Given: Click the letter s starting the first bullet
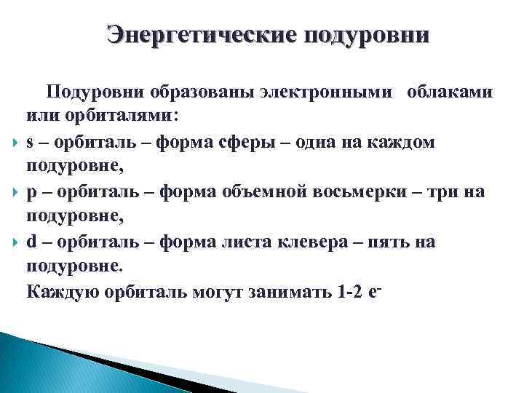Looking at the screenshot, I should [30, 142].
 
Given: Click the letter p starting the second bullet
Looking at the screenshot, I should [31, 193].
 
